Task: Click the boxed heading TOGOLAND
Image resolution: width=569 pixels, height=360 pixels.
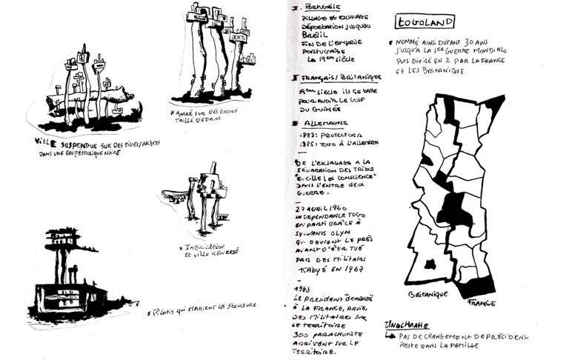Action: click(425, 23)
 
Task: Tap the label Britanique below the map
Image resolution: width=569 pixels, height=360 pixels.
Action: click(428, 294)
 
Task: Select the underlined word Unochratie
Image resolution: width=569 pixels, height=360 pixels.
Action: click(406, 325)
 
